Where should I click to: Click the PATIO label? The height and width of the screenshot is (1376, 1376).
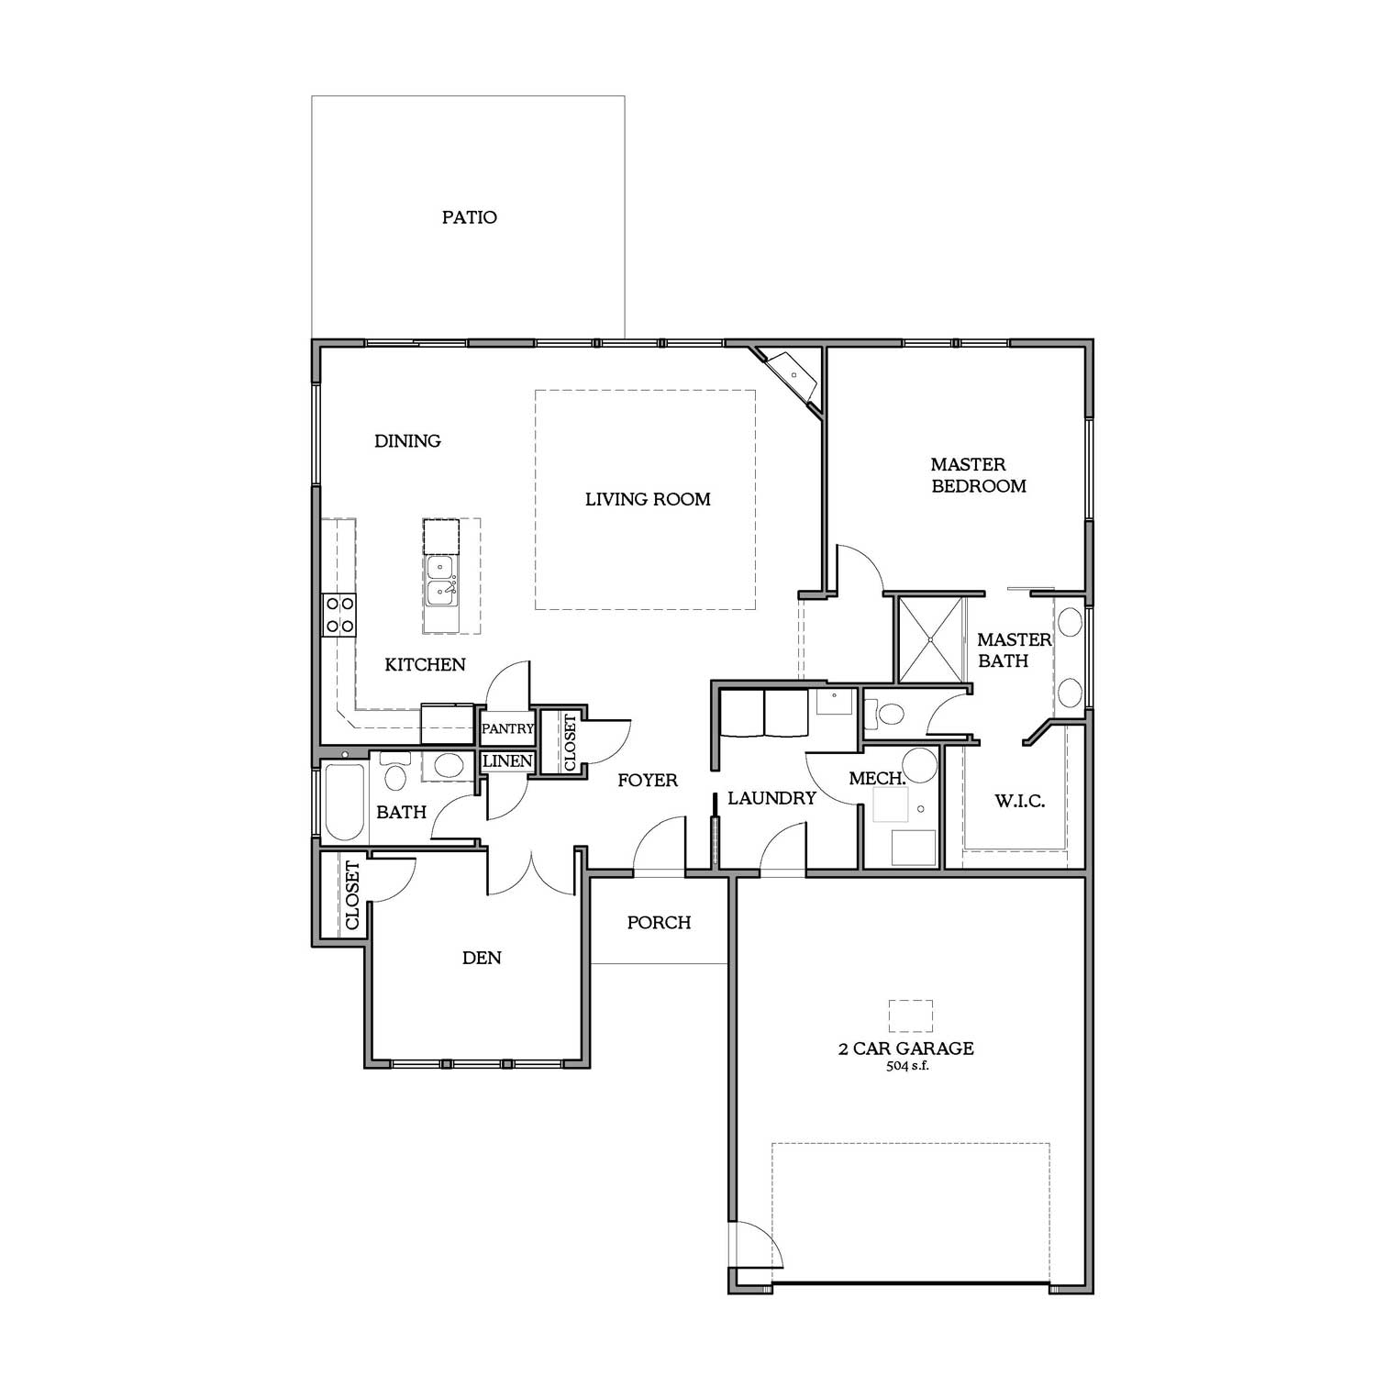click(470, 217)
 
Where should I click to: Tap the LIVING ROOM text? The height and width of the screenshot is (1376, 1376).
click(648, 500)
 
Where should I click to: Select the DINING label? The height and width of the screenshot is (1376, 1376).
click(407, 441)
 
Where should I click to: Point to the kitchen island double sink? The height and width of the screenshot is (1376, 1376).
click(441, 580)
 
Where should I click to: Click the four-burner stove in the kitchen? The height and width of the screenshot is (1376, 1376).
click(338, 615)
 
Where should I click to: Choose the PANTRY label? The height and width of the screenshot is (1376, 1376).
click(507, 728)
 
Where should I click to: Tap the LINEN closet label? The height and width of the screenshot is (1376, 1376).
click(507, 761)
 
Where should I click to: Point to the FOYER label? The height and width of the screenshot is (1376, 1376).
click(648, 781)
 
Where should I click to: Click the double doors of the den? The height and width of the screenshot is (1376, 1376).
click(532, 871)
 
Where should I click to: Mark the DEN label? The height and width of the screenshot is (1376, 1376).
click(482, 959)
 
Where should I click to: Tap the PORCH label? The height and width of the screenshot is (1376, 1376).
click(659, 923)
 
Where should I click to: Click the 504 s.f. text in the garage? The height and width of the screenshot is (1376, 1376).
click(907, 1067)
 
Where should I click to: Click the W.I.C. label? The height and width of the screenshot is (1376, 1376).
click(1020, 802)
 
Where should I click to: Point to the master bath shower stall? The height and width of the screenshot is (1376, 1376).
click(931, 639)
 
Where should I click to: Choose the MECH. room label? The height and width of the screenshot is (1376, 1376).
click(878, 779)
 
